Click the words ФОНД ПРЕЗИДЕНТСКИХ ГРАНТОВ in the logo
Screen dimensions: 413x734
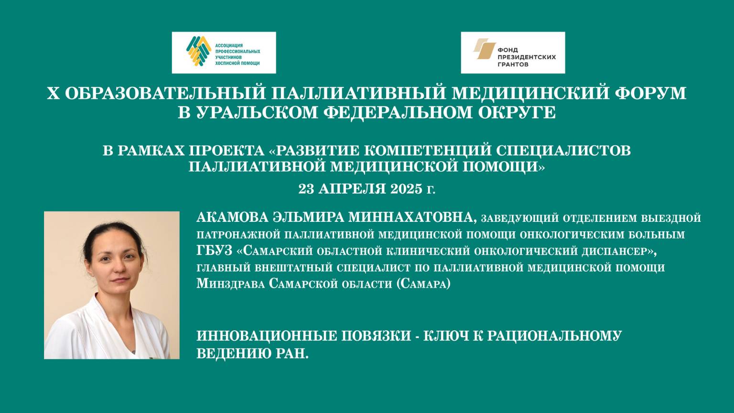pyautogui.click(x=527, y=56)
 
